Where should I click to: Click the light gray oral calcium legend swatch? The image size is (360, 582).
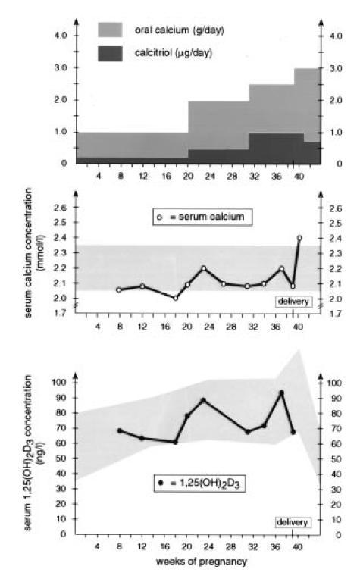(x=110, y=30)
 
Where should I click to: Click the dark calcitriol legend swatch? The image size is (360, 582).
(x=110, y=54)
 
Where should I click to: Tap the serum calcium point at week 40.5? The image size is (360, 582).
(x=299, y=238)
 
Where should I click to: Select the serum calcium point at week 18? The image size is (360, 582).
(x=176, y=298)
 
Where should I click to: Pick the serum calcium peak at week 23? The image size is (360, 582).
(x=203, y=268)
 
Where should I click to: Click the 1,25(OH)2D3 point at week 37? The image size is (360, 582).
(x=282, y=393)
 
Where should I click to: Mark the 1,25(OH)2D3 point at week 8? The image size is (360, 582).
(x=120, y=431)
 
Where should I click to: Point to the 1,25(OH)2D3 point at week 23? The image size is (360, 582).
(x=203, y=400)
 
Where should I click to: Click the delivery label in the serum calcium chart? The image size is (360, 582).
(x=293, y=302)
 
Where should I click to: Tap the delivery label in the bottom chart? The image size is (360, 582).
(x=293, y=522)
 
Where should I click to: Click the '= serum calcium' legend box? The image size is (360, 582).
(x=202, y=217)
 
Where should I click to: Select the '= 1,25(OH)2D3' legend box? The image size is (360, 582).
(x=199, y=483)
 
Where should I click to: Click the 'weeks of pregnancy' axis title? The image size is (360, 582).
(x=202, y=562)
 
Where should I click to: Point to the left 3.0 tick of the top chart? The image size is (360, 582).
(x=61, y=68)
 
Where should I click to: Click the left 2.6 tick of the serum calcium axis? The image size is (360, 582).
(x=61, y=208)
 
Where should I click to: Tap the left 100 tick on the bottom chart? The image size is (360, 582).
(x=59, y=382)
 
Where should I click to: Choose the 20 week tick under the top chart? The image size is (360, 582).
(x=188, y=176)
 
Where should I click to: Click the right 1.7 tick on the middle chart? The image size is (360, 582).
(x=336, y=314)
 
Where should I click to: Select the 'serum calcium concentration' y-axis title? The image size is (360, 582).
(x=33, y=253)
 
